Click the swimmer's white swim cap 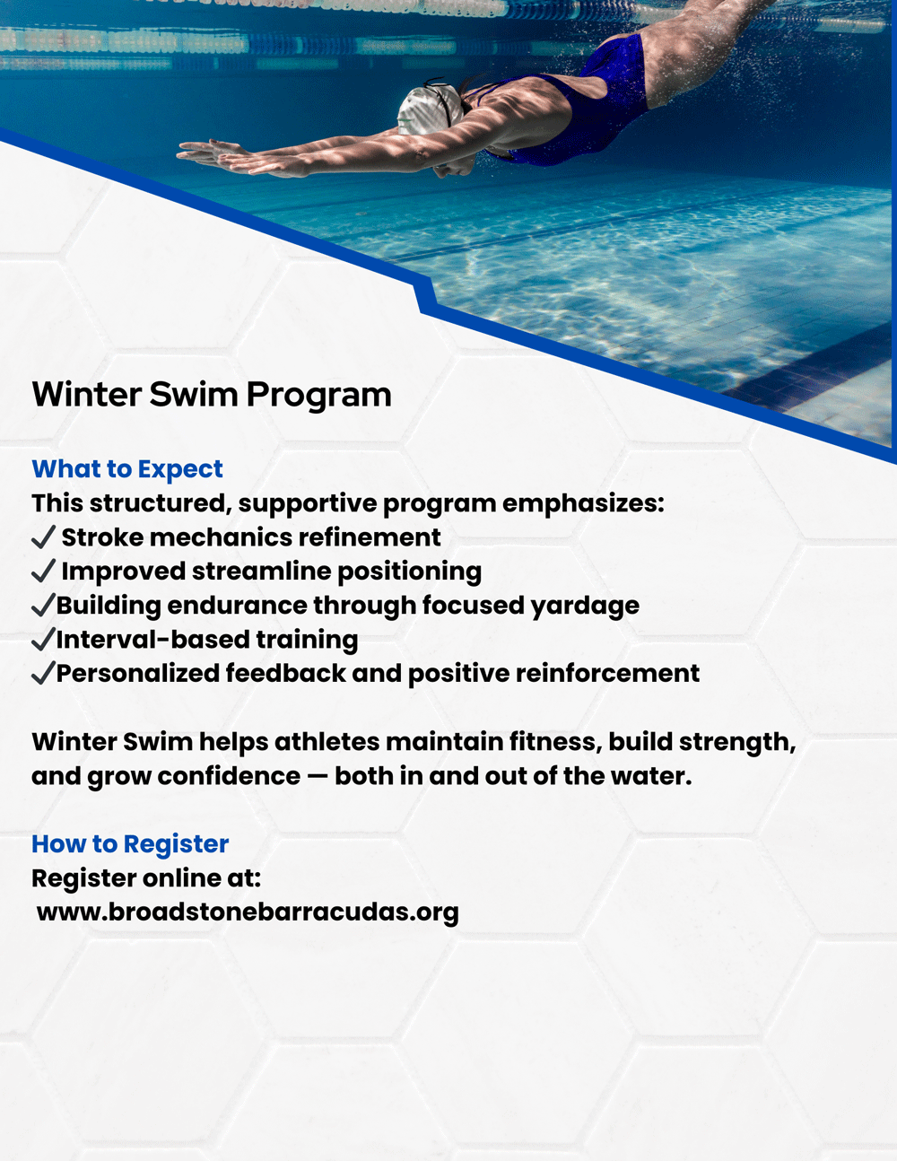coord(429,111)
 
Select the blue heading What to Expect coord(127,469)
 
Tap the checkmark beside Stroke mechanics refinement coord(43,537)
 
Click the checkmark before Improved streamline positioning coord(43,571)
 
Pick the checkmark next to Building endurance coord(43,605)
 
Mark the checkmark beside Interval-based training coord(43,639)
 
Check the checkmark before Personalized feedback coord(43,673)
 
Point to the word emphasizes coord(583,504)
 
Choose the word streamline coord(262,571)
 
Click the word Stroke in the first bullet coord(102,537)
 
